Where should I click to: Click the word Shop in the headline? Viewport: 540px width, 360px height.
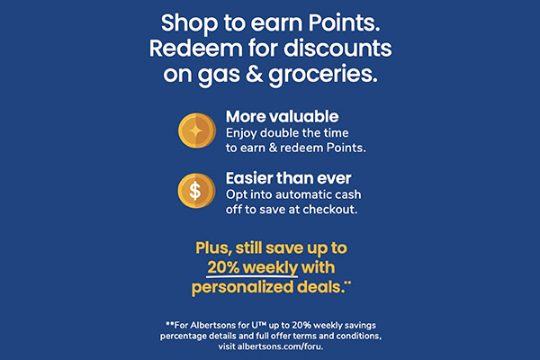click(x=186, y=22)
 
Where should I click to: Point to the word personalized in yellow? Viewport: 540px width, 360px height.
click(x=247, y=287)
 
